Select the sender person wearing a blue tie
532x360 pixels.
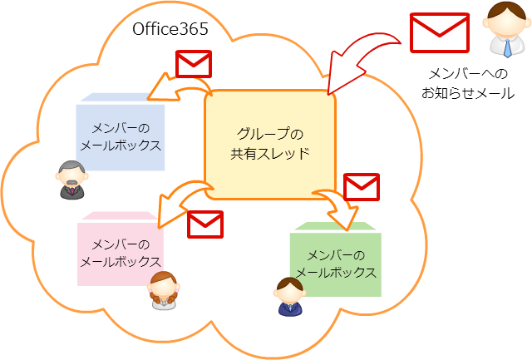click(507, 30)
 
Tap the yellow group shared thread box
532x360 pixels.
click(270, 144)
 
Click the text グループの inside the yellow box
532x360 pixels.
click(270, 133)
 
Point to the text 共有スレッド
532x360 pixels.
click(270, 154)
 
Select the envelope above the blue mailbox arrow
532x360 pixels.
click(194, 64)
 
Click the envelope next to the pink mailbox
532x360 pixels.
click(205, 223)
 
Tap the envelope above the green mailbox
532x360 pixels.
click(362, 187)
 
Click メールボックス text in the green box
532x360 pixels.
click(336, 272)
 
